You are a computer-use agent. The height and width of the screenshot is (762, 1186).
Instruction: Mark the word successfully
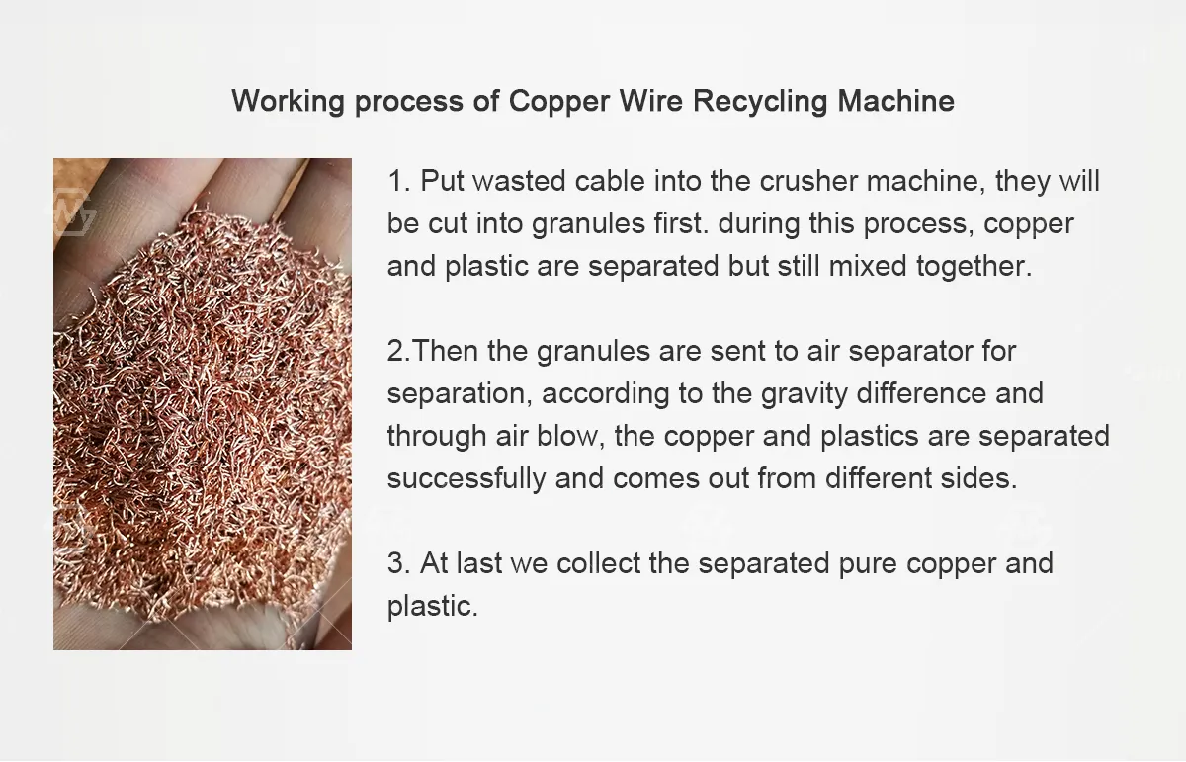(466, 478)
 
